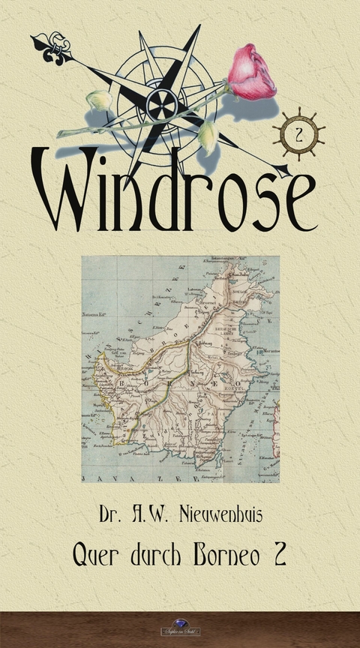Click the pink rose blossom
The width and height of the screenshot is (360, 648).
pyautogui.click(x=251, y=72)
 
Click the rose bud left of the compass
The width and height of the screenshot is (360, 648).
pyautogui.click(x=98, y=100)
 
